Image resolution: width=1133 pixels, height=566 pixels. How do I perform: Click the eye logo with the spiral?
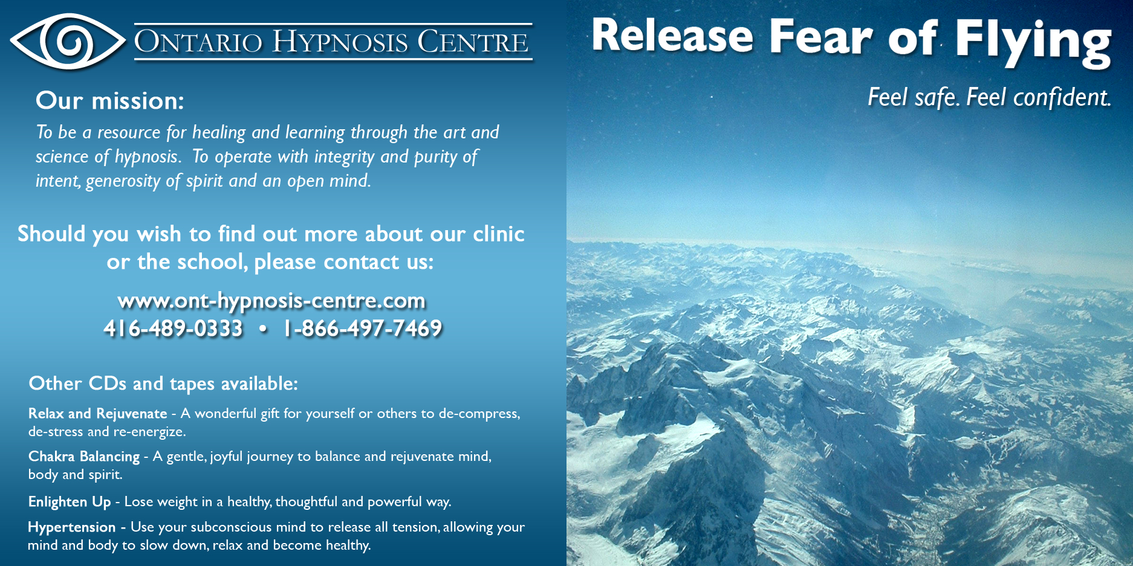[68, 42]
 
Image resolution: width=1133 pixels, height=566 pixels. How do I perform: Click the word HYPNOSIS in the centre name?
[340, 42]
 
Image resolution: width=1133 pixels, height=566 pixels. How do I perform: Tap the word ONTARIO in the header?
[198, 42]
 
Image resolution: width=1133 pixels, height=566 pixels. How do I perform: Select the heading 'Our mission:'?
[109, 100]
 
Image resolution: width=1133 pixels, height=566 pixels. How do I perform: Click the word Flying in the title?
[1033, 41]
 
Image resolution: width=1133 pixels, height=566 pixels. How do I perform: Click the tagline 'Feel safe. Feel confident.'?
[990, 97]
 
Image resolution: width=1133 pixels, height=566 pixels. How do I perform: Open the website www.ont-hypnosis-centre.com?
[271, 300]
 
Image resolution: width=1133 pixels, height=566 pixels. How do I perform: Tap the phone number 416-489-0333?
[174, 328]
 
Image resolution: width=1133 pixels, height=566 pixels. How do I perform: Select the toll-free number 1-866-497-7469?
[363, 328]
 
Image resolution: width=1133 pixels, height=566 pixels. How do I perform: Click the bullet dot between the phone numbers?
[263, 329]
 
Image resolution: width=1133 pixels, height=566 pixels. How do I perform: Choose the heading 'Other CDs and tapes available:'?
[163, 384]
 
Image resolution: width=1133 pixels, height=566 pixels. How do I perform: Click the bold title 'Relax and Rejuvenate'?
[97, 414]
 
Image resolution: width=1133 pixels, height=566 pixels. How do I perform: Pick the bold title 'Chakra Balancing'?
[84, 457]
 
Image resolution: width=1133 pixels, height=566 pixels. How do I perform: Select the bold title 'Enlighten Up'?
[70, 502]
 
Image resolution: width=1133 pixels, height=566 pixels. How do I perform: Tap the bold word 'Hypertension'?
[71, 527]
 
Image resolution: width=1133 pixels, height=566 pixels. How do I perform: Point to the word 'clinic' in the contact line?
[499, 234]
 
